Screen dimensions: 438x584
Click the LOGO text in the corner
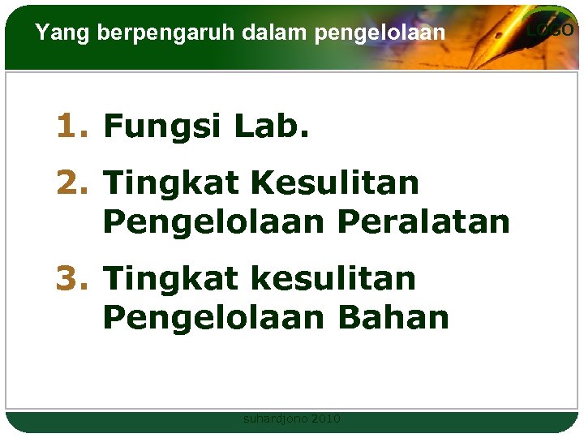pyautogui.click(x=551, y=30)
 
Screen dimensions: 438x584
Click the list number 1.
pyautogui.click(x=71, y=127)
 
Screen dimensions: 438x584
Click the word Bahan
pyautogui.click(x=393, y=318)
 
